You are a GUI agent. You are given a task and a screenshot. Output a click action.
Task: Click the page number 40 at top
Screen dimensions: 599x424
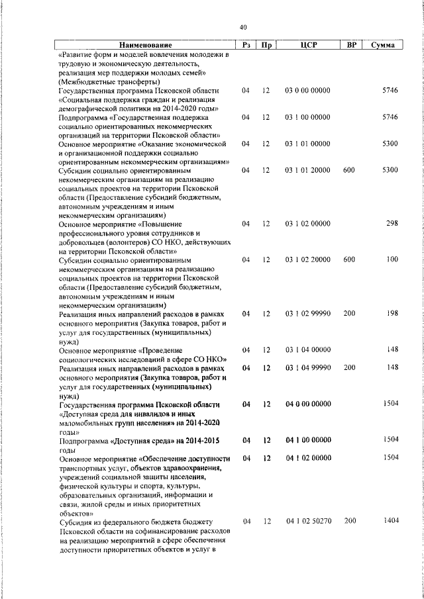tap(243, 27)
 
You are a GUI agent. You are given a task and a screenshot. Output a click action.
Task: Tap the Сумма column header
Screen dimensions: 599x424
tap(384, 45)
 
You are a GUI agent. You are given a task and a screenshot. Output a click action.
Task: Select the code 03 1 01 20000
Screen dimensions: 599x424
tap(307, 170)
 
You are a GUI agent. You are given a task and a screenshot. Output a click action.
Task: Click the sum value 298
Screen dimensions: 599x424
tap(392, 224)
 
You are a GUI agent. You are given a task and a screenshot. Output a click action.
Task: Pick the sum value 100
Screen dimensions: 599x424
tap(392, 259)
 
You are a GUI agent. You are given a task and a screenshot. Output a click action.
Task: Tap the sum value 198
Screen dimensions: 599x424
tap(392, 313)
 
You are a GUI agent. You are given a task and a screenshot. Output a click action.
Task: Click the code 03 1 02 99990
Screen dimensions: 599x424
tap(307, 313)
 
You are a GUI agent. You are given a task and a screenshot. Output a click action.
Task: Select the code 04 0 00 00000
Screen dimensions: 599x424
tap(307, 404)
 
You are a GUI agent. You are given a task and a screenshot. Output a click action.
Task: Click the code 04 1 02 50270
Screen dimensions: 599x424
tap(307, 522)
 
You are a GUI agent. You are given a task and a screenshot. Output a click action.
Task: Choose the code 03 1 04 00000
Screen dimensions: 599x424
tap(307, 349)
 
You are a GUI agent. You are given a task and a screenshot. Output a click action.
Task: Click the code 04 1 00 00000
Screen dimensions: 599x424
tap(307, 440)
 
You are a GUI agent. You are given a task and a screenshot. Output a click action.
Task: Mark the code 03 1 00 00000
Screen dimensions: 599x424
tap(307, 117)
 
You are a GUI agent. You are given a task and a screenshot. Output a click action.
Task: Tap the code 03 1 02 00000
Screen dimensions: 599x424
tap(307, 224)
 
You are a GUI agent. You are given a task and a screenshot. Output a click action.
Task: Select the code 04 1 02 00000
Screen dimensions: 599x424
tap(307, 458)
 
